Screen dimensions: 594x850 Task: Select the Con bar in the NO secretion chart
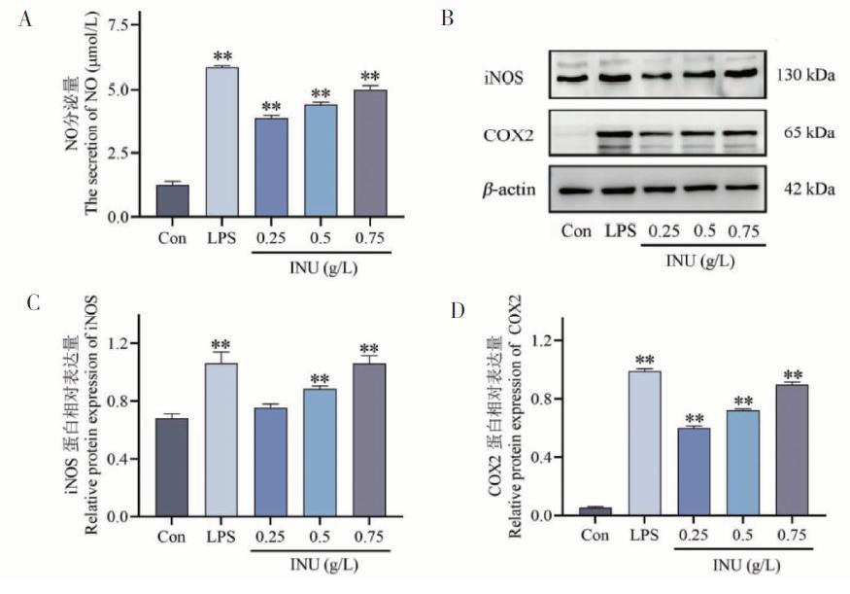[x=171, y=200]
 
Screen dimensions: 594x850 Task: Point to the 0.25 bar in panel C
[x=270, y=462]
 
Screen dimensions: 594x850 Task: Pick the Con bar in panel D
[x=595, y=511]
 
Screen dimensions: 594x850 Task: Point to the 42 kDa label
[x=803, y=189]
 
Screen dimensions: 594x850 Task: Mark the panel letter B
[x=446, y=17]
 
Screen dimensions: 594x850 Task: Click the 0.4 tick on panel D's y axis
[x=544, y=457]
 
